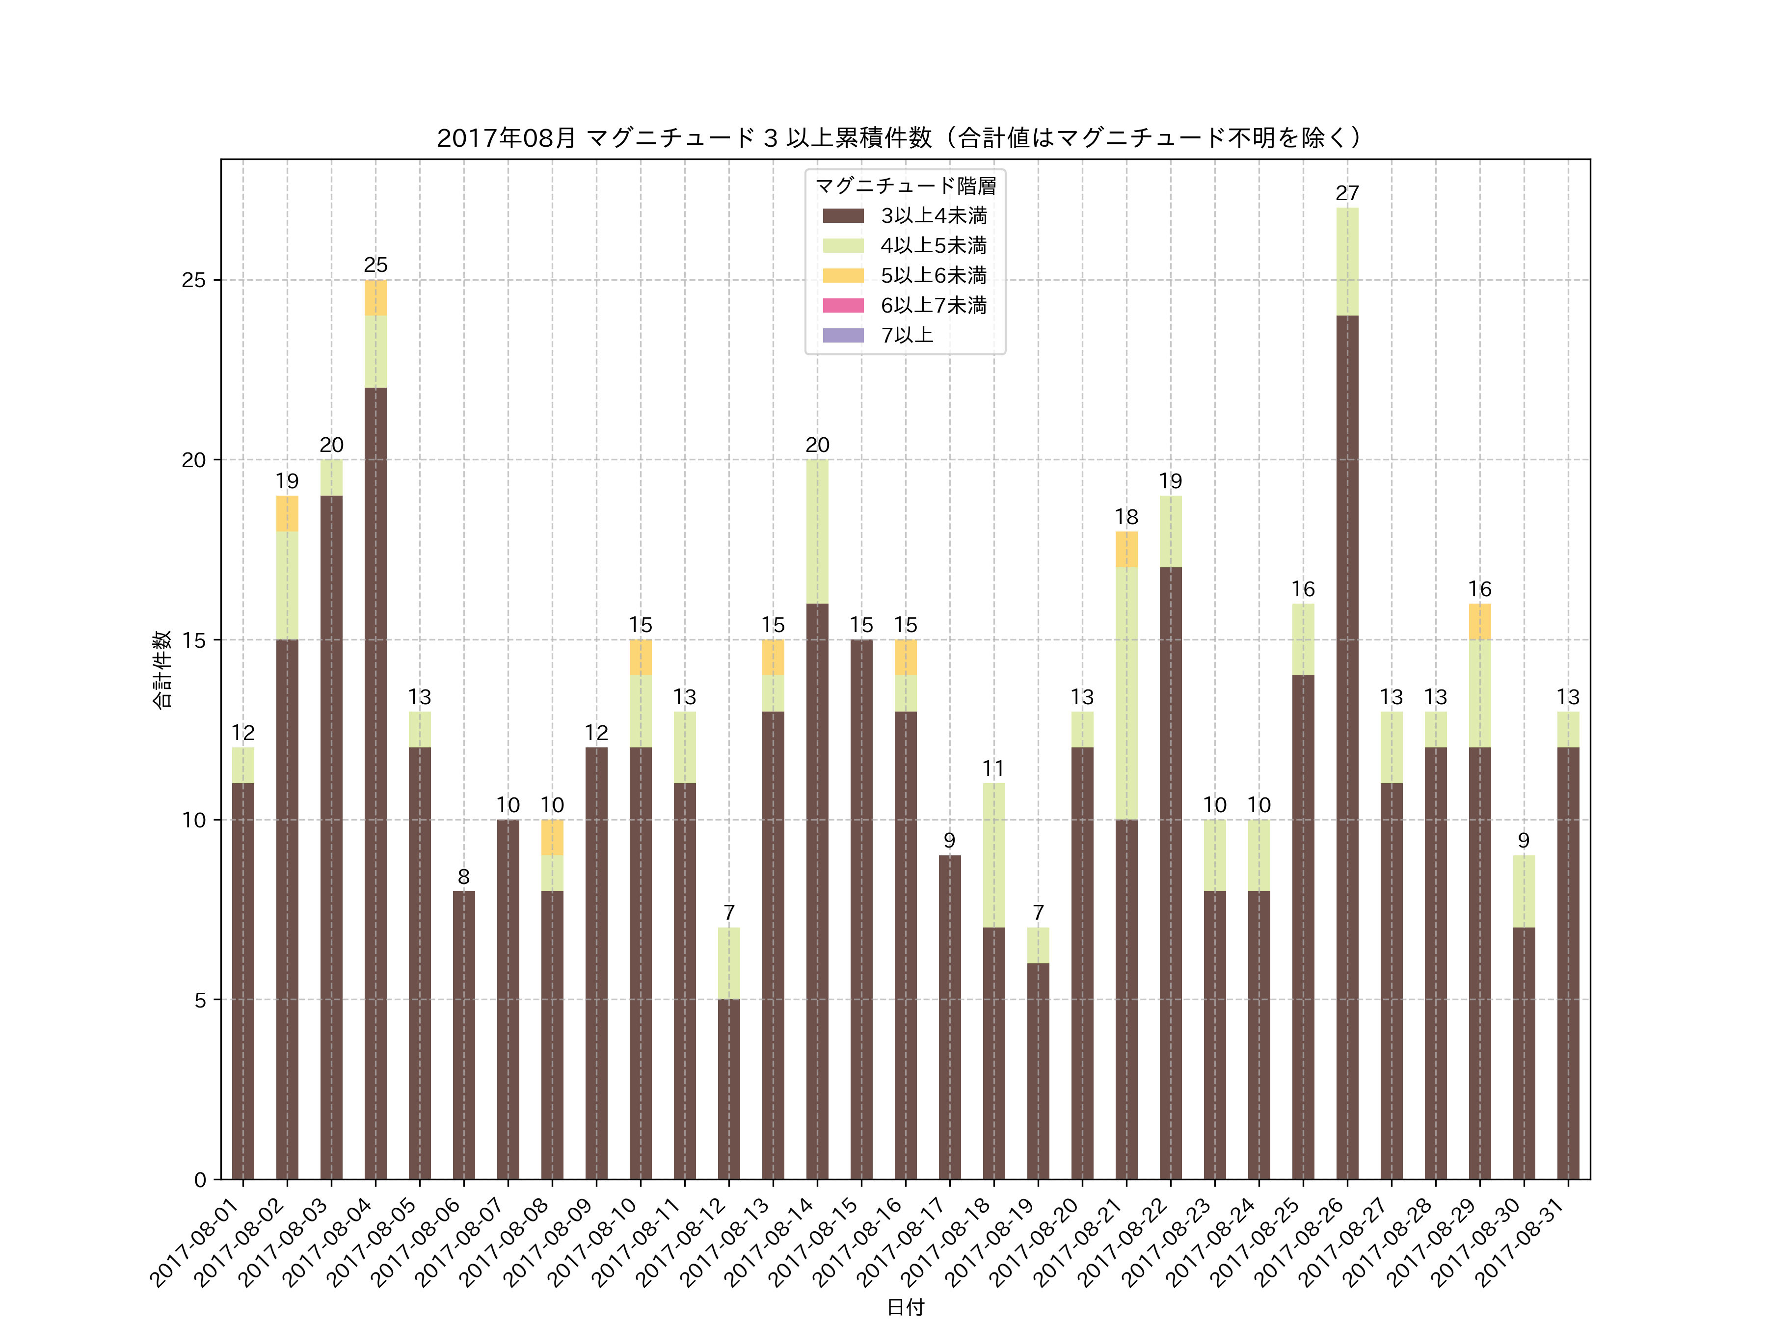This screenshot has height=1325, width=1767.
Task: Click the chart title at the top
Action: (x=900, y=138)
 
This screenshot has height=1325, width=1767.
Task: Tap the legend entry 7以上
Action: (x=907, y=336)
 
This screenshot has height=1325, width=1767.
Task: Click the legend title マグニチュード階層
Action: (x=905, y=186)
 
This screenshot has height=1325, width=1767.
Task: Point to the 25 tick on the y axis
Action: (x=193, y=280)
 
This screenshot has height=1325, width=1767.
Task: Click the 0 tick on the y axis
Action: (x=200, y=1180)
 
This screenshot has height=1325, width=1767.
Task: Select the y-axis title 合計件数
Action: (x=162, y=669)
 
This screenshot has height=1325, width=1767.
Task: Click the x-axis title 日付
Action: (x=905, y=1307)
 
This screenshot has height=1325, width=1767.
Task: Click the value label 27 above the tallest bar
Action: (x=1347, y=193)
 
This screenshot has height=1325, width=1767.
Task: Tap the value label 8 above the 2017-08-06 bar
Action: (x=463, y=877)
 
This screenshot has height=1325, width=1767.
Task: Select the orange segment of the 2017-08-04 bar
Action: (x=375, y=298)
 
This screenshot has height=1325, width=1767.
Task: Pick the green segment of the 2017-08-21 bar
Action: (x=1126, y=693)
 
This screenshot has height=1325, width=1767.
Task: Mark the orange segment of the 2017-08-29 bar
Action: (x=1479, y=621)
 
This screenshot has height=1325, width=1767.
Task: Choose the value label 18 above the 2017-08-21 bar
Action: (x=1126, y=517)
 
